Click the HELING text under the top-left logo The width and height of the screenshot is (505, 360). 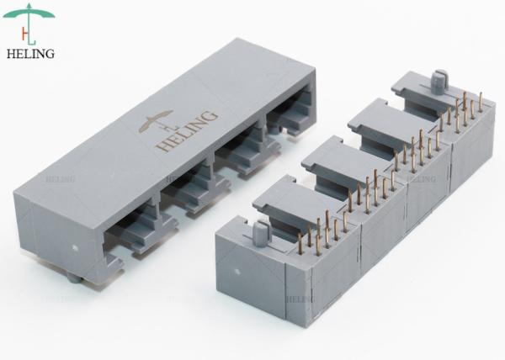(x=30, y=54)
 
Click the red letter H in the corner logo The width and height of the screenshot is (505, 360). (x=24, y=33)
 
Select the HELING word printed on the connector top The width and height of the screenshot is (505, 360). (x=186, y=131)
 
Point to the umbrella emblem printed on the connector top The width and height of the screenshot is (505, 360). (x=157, y=121)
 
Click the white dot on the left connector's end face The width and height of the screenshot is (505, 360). (x=75, y=248)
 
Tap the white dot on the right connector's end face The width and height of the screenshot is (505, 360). (x=237, y=272)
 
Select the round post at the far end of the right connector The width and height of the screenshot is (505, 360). (x=438, y=82)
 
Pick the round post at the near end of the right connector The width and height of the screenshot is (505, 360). (x=260, y=234)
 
